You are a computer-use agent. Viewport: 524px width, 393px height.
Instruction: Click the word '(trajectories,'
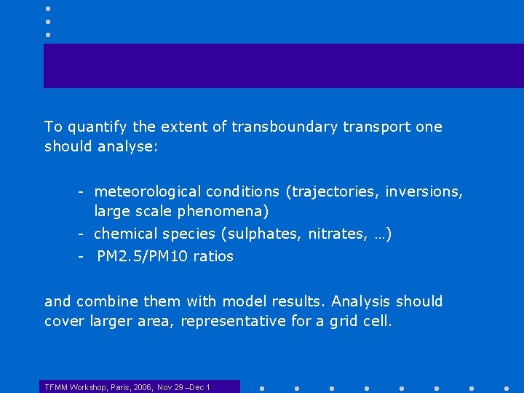(333, 191)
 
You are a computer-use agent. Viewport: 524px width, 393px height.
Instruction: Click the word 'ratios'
(213, 256)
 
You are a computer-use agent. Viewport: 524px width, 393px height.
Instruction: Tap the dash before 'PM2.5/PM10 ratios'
(84, 256)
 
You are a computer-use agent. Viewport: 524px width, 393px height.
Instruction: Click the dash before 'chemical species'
(84, 234)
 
